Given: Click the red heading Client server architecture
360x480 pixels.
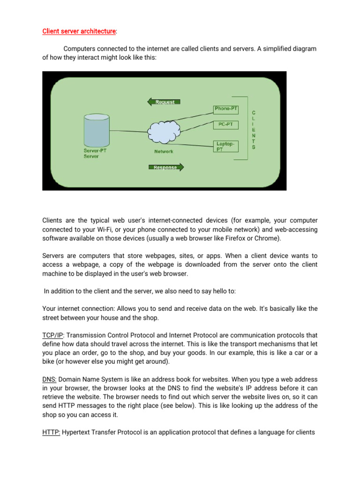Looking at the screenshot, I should click(79, 31).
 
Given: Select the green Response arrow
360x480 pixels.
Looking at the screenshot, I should click(165, 167).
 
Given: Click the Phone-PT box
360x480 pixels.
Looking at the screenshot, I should click(226, 109).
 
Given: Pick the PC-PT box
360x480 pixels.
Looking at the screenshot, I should click(226, 125).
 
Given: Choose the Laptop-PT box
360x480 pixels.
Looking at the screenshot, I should click(226, 146).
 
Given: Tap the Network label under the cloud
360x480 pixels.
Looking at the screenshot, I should click(164, 151).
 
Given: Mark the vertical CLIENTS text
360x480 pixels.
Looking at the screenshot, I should click(254, 130).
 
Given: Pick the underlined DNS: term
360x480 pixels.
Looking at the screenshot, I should click(50, 379).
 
